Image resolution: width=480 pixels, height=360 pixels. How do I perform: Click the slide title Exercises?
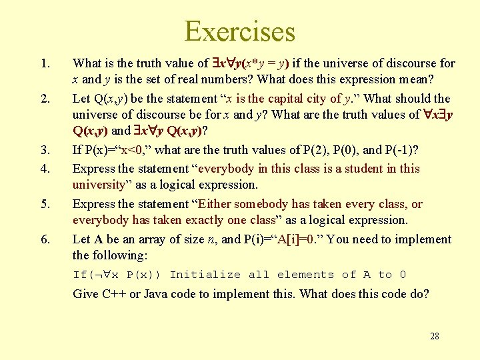coord(239,31)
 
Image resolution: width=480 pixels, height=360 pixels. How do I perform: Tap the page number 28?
coord(435,336)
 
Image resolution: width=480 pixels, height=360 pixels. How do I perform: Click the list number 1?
coord(45,64)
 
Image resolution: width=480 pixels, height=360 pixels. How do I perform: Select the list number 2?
coord(45,99)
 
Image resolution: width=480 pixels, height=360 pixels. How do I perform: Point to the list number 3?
coord(45,151)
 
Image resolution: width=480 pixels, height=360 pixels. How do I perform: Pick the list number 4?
coord(45,169)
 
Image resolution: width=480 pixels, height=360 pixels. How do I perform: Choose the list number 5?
coord(45,204)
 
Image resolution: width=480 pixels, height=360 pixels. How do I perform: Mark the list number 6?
coord(45,239)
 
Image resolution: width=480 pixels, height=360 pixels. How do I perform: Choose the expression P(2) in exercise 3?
coord(299,150)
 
